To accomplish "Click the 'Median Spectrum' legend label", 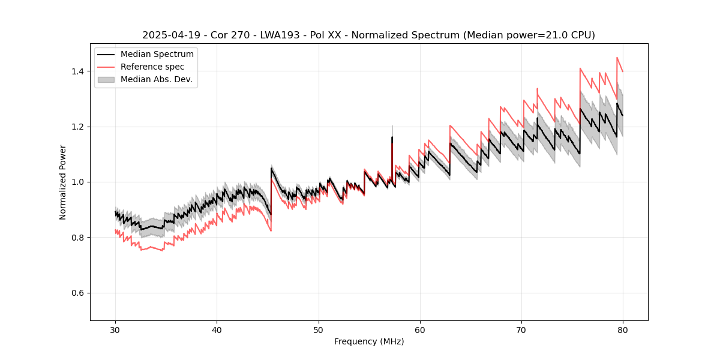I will pos(157,55).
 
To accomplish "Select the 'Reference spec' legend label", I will pos(152,67).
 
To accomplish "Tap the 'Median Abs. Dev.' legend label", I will pos(157,79).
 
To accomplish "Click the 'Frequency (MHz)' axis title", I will pos(369,341).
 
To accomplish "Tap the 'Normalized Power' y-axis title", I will pos(63,182).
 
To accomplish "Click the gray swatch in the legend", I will pos(106,79).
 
